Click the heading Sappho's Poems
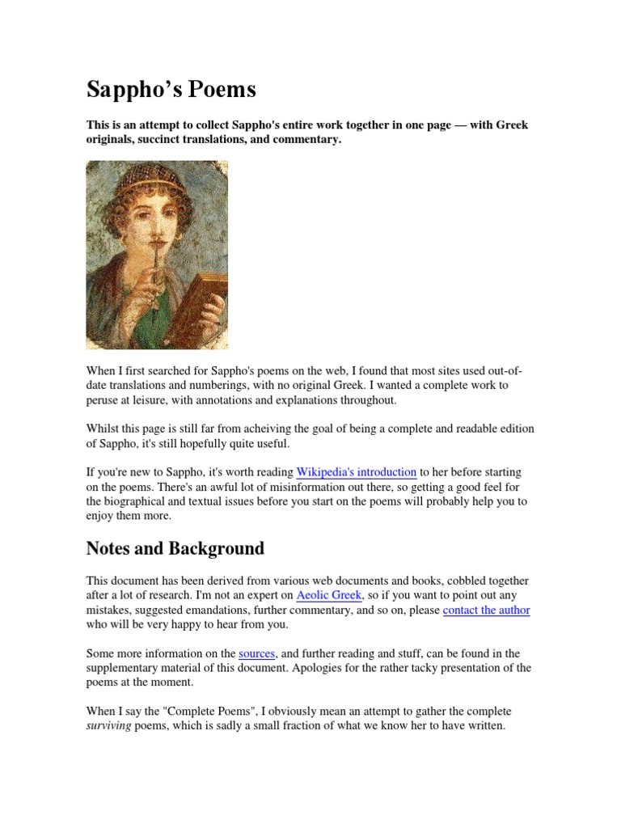171,90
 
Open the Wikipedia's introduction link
357,471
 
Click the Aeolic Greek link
328,595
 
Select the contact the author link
486,610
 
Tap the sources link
257,653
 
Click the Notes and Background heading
175,548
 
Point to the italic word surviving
108,726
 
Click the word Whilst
103,429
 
